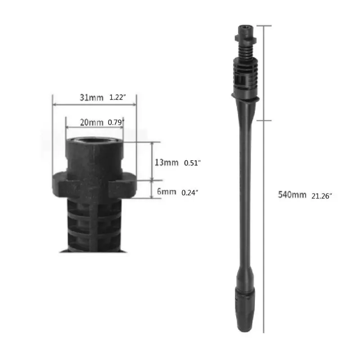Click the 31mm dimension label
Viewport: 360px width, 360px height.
click(91, 98)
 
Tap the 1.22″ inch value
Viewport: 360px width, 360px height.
click(117, 98)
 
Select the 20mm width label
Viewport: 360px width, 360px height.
click(92, 122)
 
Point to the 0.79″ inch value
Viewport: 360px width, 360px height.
click(116, 122)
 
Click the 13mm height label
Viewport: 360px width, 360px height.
click(166, 162)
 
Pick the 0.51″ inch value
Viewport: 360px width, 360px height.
click(193, 163)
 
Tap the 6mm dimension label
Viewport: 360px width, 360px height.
click(166, 192)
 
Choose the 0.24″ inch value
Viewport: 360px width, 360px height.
click(190, 193)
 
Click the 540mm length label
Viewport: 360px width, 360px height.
click(292, 195)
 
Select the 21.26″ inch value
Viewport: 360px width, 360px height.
click(322, 196)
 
